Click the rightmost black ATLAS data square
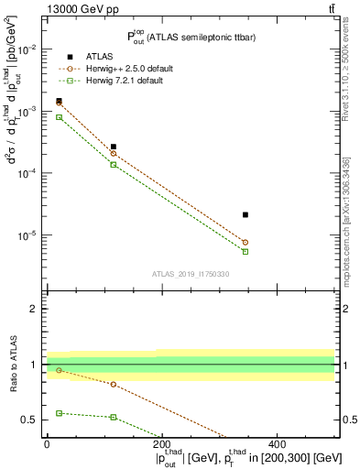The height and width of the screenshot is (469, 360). [245, 214]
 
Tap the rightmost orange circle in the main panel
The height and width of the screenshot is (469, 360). [245, 242]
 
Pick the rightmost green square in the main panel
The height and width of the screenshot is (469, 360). [245, 251]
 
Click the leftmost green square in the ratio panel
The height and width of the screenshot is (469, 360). [59, 413]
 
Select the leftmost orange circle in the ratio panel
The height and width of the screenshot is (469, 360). [59, 370]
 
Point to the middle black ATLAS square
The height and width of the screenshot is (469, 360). [114, 147]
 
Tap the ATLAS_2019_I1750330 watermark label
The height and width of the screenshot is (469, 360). [191, 274]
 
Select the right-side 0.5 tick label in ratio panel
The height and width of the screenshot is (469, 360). [348, 420]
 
